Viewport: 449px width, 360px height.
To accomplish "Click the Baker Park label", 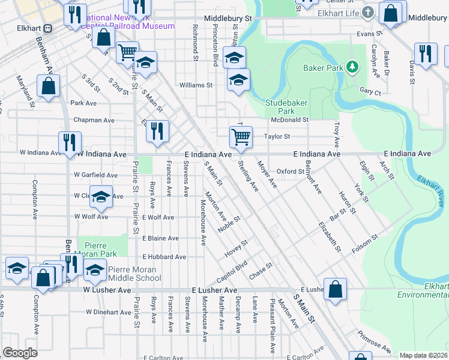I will point(323,68).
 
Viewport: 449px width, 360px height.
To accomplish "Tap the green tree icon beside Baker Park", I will point(354,65).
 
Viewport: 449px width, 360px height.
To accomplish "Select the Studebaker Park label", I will point(280,107).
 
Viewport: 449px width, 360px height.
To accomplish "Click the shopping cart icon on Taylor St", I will point(241,136).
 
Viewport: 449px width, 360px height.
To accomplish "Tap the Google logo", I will point(20,353).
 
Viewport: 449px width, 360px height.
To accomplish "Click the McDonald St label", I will point(289,119).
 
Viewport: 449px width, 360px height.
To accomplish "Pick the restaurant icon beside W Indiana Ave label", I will point(70,142).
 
